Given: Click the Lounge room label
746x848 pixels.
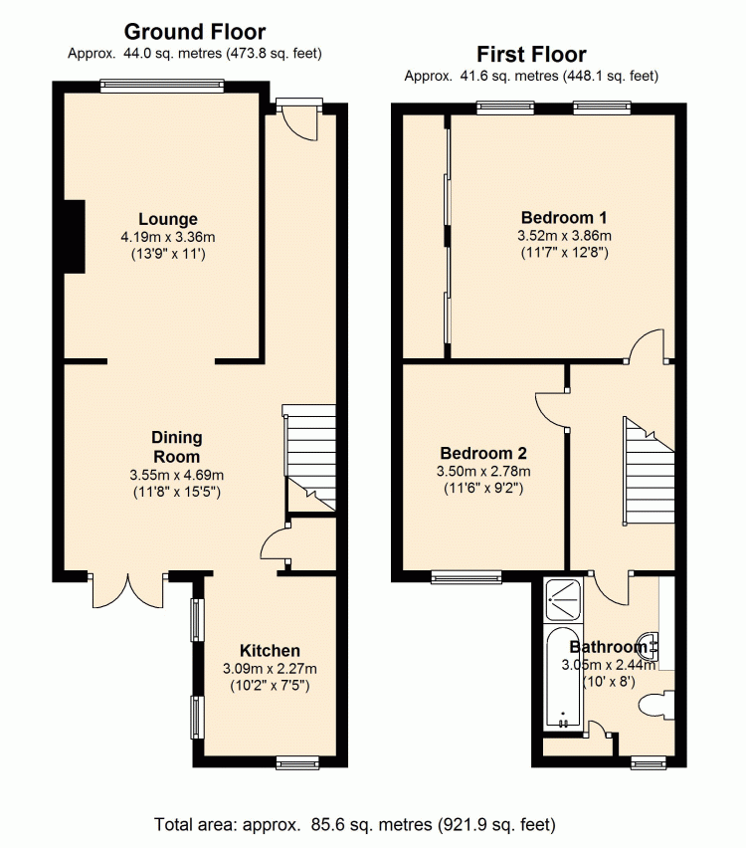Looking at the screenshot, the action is (168, 219).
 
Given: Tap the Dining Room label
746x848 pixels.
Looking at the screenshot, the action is (177, 447).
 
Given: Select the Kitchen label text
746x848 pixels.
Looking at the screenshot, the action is (270, 650).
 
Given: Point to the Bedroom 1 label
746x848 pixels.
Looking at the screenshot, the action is (564, 217).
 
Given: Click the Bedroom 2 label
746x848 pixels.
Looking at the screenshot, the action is (483, 453).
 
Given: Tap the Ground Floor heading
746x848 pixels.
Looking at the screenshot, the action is (195, 32).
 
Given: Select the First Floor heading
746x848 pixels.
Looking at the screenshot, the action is (531, 55).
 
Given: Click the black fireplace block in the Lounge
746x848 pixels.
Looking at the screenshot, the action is (75, 236).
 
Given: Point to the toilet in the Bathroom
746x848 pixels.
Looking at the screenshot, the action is (656, 706).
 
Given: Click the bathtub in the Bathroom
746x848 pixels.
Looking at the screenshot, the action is (563, 677).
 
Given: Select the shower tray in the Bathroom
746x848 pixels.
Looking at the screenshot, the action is (563, 600).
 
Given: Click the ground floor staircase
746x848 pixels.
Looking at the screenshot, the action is (310, 458).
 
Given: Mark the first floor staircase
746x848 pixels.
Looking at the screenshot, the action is (649, 470).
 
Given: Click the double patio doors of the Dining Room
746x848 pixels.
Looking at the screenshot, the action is (128, 589).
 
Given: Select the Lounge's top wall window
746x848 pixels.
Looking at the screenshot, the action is (162, 85).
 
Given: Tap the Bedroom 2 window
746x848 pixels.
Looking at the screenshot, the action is (466, 577).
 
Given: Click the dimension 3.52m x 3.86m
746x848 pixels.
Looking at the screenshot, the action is (564, 236).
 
